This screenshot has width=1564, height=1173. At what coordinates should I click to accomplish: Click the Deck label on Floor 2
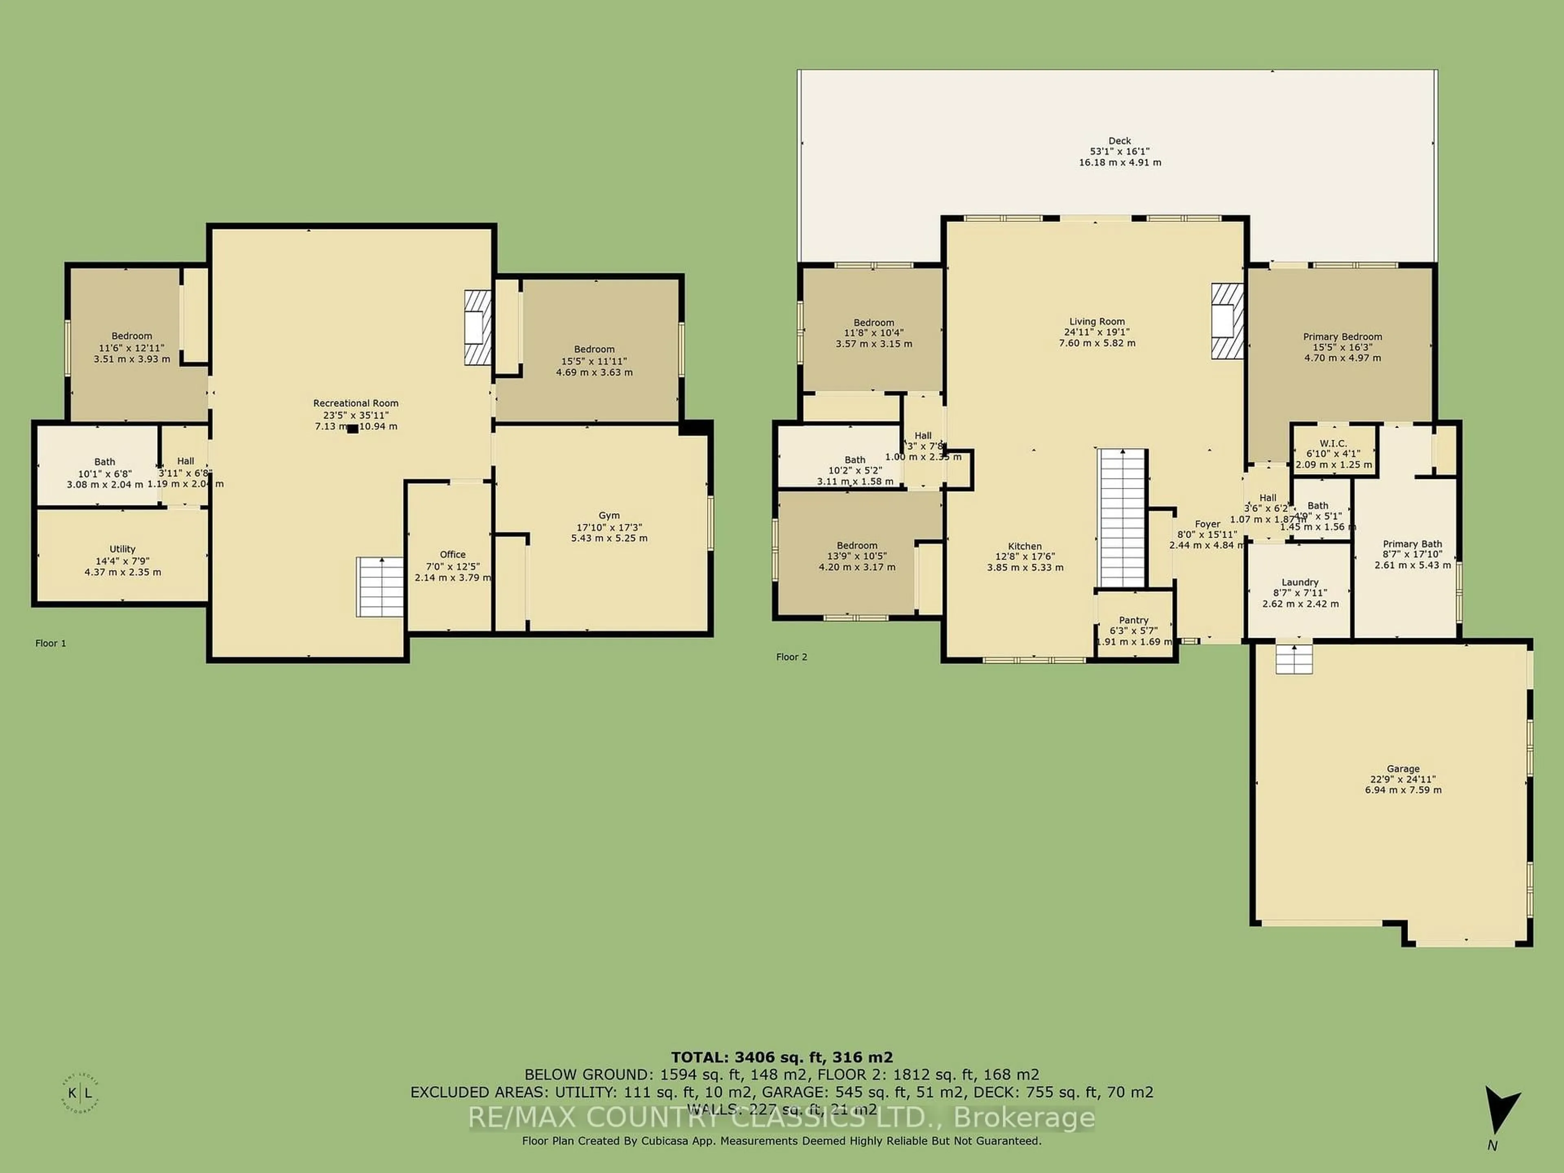(x=1119, y=141)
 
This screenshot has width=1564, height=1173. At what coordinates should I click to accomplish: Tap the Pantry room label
(x=1133, y=620)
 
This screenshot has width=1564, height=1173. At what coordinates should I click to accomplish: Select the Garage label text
(x=1403, y=769)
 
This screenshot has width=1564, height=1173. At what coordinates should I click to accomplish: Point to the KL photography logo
(x=80, y=1094)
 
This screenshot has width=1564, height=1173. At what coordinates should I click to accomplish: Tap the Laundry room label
(x=1300, y=582)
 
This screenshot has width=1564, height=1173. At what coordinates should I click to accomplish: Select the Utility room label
(x=122, y=549)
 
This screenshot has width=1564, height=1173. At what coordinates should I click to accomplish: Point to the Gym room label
(x=609, y=516)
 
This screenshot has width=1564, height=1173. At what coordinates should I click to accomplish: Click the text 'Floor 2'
(x=791, y=657)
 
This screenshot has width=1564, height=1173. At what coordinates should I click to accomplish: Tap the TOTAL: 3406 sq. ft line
(x=781, y=1057)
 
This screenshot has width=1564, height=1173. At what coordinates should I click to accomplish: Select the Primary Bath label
(x=1412, y=544)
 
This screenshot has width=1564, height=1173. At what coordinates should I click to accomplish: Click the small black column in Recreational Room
(x=352, y=428)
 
